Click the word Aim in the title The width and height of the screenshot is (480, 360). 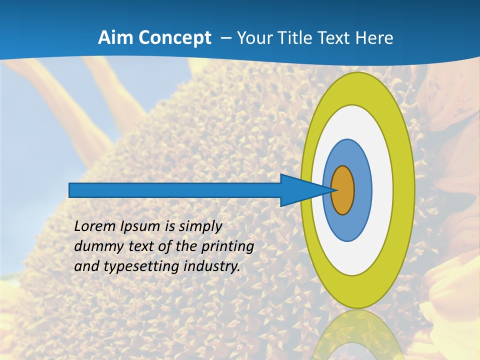116,38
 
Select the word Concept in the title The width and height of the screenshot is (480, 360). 175,38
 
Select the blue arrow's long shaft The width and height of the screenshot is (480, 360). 175,190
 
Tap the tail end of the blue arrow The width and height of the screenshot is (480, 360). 71,190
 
